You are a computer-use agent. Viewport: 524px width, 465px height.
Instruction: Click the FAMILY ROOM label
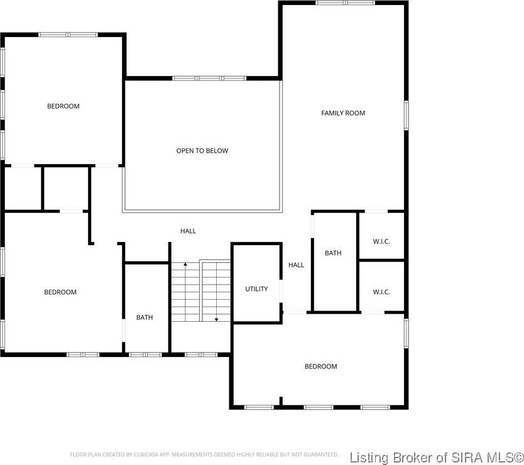tap(343, 113)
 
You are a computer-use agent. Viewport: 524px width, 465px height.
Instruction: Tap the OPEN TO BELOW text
tap(202, 151)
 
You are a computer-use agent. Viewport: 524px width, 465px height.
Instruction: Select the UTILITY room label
tap(256, 289)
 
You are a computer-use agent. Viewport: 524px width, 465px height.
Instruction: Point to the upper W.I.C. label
tap(381, 241)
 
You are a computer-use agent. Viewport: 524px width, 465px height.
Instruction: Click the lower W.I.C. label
tap(381, 292)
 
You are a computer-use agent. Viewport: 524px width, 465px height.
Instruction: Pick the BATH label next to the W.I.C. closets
tap(333, 253)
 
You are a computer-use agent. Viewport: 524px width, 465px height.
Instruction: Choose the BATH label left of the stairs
tap(145, 318)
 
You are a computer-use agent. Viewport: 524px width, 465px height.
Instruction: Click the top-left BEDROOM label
tap(63, 106)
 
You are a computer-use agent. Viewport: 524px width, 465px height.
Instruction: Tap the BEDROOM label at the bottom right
tap(320, 366)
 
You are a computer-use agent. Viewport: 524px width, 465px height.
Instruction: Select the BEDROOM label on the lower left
tap(60, 292)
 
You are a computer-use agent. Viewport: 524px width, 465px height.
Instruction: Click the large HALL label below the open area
tap(188, 231)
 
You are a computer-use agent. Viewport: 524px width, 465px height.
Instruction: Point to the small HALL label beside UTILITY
tap(296, 265)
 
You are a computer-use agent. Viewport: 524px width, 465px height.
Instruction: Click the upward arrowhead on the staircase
tap(185, 266)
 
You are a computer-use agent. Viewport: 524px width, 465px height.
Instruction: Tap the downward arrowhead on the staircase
tap(216, 319)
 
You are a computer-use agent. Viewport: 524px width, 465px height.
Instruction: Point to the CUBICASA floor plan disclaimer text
tap(204, 454)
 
